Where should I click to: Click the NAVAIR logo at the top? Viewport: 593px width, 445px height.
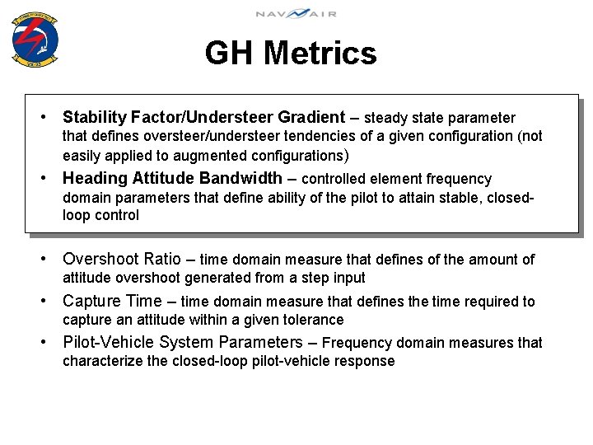click(x=296, y=13)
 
